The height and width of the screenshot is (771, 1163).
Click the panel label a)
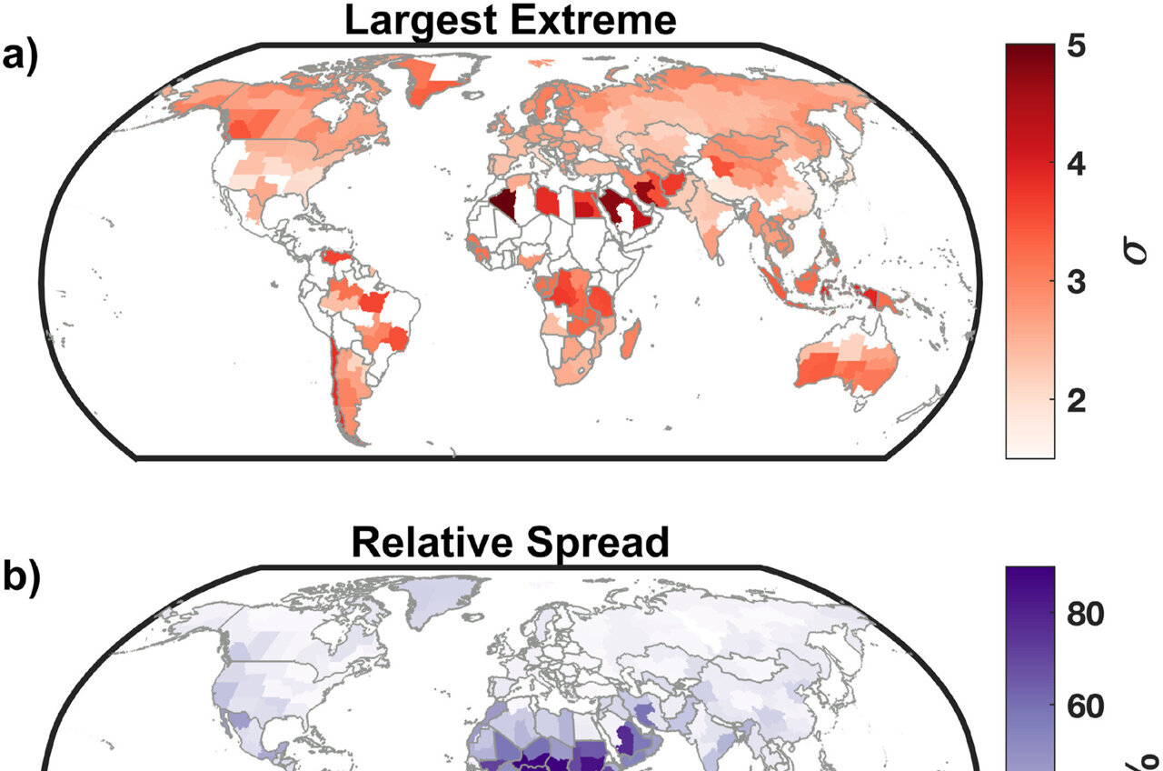pyautogui.click(x=24, y=56)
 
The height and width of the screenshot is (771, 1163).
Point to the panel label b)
pyautogui.click(x=24, y=580)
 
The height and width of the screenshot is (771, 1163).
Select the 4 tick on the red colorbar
pyautogui.click(x=1077, y=165)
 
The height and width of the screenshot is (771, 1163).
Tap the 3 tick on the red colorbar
pyautogui.click(x=1077, y=283)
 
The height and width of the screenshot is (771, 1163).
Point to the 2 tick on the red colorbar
pyautogui.click(x=1077, y=401)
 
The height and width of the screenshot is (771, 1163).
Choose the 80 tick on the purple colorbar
pyautogui.click(x=1087, y=615)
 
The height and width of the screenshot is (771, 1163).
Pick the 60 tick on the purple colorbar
pyautogui.click(x=1087, y=706)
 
